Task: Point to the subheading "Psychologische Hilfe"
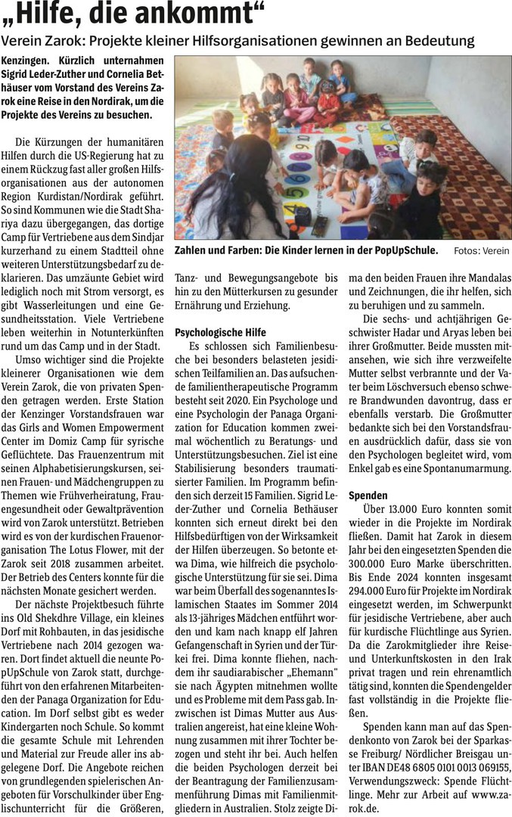pos(219,331)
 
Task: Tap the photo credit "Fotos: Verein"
pos(482,251)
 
